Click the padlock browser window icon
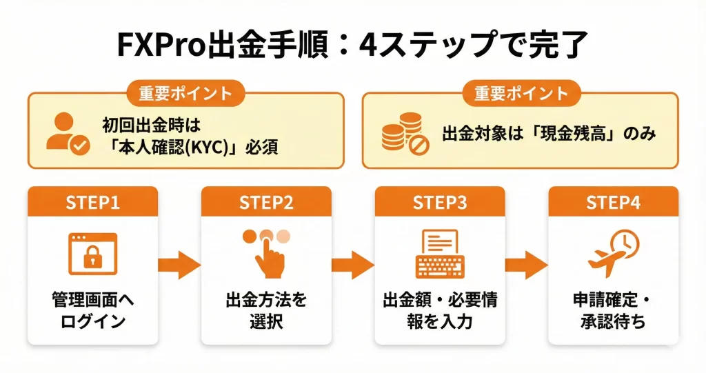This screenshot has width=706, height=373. tap(92, 253)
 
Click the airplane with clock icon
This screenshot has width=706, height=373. tap(613, 252)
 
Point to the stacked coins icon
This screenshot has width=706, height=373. tap(401, 132)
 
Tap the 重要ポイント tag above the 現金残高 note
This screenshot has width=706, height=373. tap(521, 94)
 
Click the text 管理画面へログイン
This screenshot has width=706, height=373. tap(92, 311)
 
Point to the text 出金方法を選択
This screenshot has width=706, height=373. tap(266, 311)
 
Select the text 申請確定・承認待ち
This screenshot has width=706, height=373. tap(613, 311)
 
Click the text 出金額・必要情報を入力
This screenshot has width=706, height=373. tap(440, 311)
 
